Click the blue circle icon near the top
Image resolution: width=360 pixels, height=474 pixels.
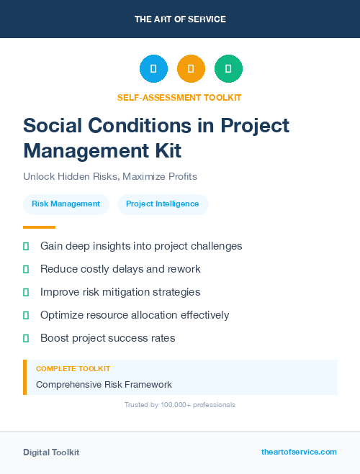[x=153, y=69]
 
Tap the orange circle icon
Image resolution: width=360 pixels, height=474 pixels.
[x=191, y=69]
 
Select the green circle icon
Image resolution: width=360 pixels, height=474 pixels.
[x=228, y=69]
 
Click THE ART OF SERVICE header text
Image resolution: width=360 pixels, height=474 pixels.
[x=180, y=19]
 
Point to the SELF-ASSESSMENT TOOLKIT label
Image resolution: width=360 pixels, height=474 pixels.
[x=179, y=97]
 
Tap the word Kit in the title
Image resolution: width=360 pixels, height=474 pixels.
[x=165, y=151]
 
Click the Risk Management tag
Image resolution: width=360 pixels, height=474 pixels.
[x=66, y=204]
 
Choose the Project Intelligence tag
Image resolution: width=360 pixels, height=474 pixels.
[x=162, y=204]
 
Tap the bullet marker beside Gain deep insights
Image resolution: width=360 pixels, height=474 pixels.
[x=26, y=246]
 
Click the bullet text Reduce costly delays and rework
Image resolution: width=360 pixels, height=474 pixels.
[x=120, y=269]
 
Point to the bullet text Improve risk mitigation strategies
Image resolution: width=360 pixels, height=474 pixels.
[x=120, y=292]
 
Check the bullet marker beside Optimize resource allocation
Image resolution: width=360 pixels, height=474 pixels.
[x=26, y=315]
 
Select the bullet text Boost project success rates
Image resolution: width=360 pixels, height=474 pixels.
[x=107, y=338]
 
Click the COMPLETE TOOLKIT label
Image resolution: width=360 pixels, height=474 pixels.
[x=73, y=368]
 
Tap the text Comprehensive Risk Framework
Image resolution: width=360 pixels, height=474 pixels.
[x=104, y=385]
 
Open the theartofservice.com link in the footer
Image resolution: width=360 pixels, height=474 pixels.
[x=299, y=452]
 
